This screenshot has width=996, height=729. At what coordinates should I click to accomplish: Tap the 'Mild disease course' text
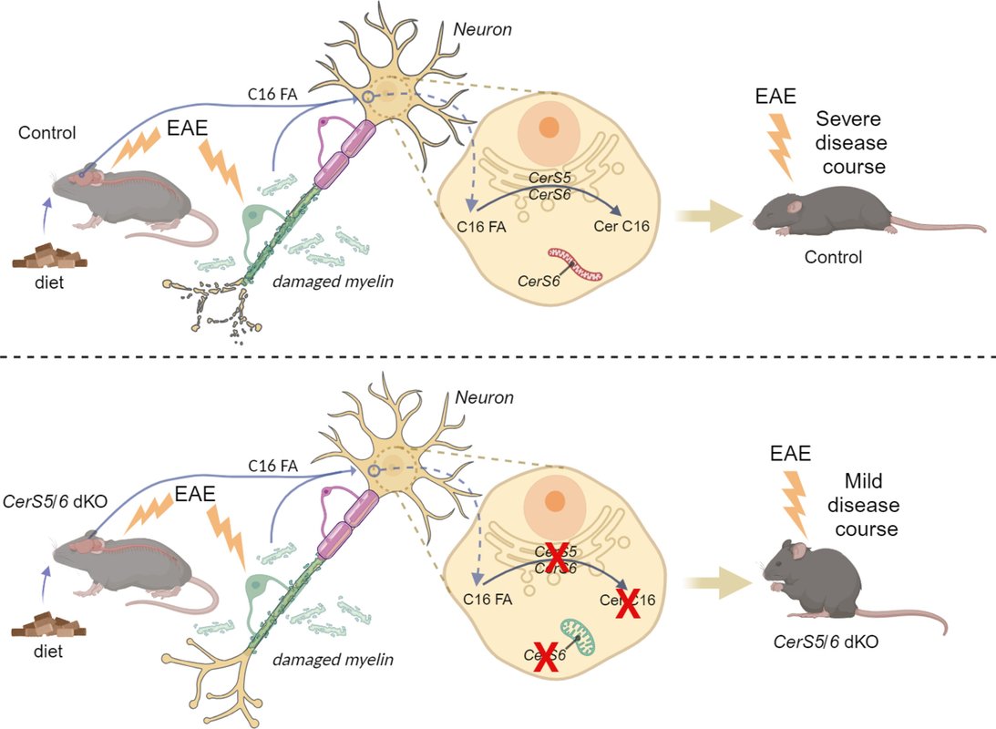[x=869, y=505]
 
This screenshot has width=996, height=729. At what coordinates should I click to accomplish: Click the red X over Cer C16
[x=624, y=601]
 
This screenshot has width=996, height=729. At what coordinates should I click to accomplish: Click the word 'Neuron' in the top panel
[x=482, y=29]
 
